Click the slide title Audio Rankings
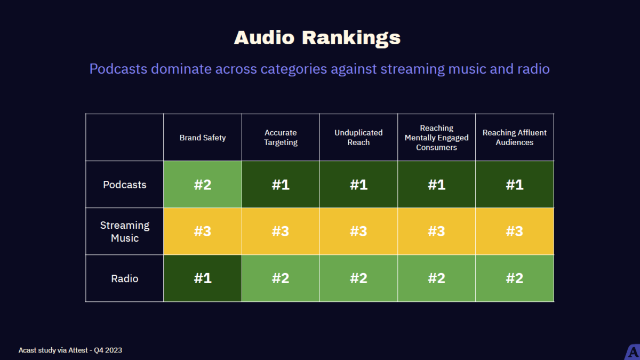[317, 38]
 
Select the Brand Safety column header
[203, 138]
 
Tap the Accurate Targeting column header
[281, 138]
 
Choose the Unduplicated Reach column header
[358, 138]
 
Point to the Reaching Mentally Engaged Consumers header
[436, 138]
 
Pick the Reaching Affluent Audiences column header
[515, 138]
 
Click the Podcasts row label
[125, 185]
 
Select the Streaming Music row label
[125, 231]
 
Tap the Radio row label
[125, 278]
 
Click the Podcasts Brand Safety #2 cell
[203, 185]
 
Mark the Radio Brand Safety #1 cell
[203, 278]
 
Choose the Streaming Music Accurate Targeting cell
[281, 231]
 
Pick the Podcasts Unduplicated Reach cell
[358, 185]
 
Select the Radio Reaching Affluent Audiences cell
[515, 278]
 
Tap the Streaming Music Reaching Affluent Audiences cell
[515, 231]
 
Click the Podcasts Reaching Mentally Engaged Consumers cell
[436, 185]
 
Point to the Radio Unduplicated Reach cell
[358, 278]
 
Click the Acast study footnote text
[70, 350]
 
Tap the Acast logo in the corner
[632, 353]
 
